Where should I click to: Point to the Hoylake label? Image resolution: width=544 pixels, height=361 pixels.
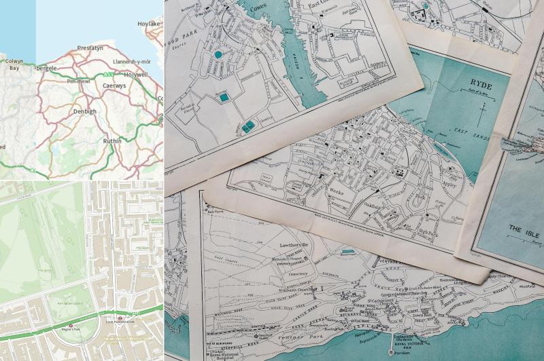(148, 23)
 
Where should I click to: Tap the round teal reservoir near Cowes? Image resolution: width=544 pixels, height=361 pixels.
(218, 53)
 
